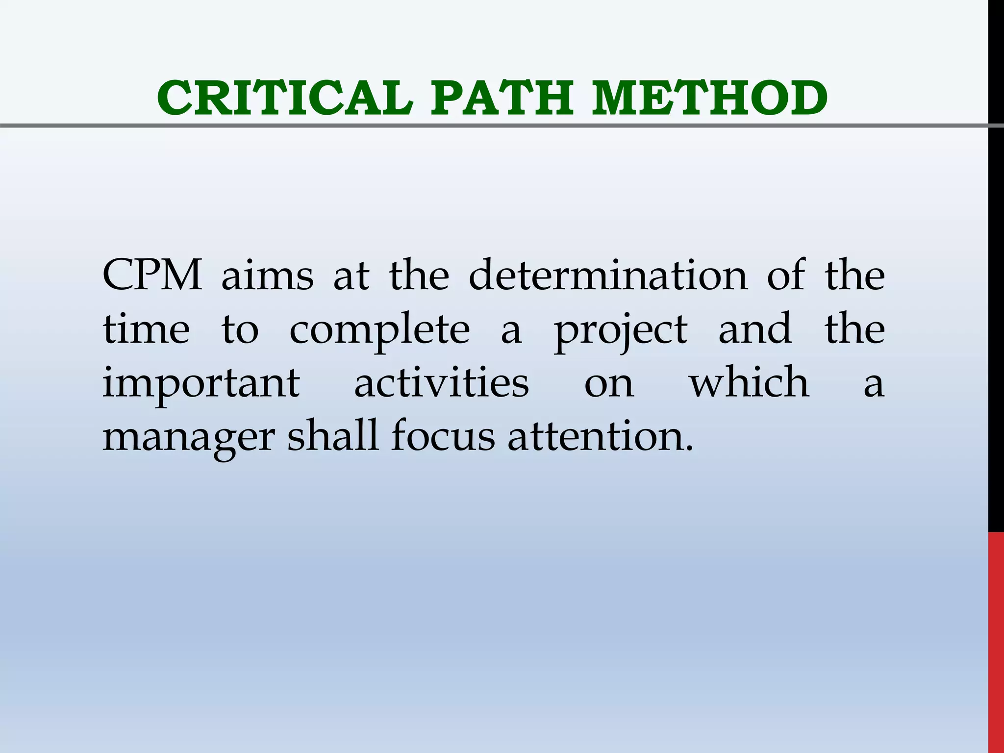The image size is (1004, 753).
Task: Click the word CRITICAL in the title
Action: click(x=285, y=98)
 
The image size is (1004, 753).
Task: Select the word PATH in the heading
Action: click(x=502, y=98)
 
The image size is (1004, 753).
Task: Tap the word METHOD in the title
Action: click(x=709, y=98)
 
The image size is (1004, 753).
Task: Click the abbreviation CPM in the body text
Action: click(x=152, y=276)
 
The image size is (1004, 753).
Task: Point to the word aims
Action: click(x=267, y=276)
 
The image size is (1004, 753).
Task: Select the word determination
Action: click(x=608, y=276)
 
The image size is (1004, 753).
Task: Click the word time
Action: click(x=146, y=329)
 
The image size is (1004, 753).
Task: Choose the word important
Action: click(x=201, y=384)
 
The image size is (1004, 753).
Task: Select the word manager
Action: click(x=189, y=438)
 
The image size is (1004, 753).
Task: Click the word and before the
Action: click(x=754, y=329)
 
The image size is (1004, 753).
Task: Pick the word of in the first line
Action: click(x=786, y=276)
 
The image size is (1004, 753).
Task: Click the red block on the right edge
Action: click(x=996, y=642)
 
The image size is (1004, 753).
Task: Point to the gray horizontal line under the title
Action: click(x=490, y=126)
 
